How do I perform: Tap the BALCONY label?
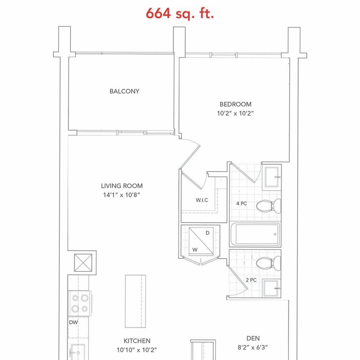click(124, 91)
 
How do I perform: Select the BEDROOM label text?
click(236, 104)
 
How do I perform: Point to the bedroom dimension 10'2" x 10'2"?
click(236, 113)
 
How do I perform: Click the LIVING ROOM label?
click(122, 186)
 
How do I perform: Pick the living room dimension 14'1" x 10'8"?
click(122, 195)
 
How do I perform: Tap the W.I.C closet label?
click(202, 200)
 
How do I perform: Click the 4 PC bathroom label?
click(241, 204)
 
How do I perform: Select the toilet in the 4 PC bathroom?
click(269, 205)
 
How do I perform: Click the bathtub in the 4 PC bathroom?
click(255, 235)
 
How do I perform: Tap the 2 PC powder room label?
click(251, 280)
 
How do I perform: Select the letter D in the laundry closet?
click(207, 233)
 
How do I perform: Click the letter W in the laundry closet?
click(194, 250)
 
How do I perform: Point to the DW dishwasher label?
click(73, 322)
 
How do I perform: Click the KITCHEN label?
click(137, 341)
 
